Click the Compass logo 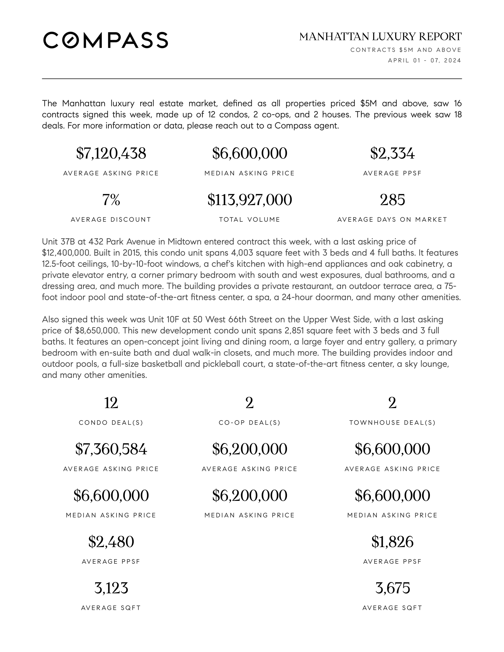(106, 40)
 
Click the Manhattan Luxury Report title (380, 37)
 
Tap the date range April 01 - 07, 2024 (424, 60)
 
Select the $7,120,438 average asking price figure (111, 154)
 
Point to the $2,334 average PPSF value (392, 154)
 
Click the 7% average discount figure (111, 200)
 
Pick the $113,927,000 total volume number (250, 200)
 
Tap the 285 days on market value (392, 200)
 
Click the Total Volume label (250, 220)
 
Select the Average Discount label (111, 220)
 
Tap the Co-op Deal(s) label (250, 423)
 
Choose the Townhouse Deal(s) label (392, 423)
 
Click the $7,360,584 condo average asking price (111, 449)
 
